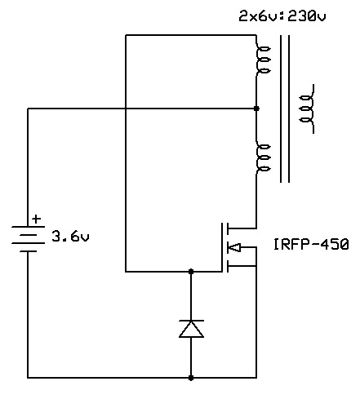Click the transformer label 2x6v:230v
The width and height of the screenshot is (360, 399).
pos(282,16)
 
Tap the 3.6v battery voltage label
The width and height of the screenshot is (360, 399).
pos(70,236)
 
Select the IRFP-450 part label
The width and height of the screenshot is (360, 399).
pos(311,244)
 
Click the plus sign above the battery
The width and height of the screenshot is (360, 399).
pos(36,219)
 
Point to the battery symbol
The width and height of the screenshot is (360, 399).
pos(28,239)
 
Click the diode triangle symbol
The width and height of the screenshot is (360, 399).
pos(191,329)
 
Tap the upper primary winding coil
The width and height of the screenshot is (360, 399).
pos(262,60)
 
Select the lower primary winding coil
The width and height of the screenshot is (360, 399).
pos(262,157)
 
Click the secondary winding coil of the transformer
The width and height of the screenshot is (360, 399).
pos(308,109)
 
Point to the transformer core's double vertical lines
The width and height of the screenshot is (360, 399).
pos(285,109)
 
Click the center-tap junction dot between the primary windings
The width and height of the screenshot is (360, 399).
pos(256,109)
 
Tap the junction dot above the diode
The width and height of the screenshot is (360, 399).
pos(191,271)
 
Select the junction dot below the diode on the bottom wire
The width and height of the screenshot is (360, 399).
pos(191,378)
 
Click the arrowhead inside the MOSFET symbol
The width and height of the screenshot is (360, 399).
pos(234,247)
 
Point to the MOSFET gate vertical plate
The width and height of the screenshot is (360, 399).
pos(222,247)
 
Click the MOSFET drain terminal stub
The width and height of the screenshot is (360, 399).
pos(242,228)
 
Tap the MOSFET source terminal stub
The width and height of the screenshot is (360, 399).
pos(242,266)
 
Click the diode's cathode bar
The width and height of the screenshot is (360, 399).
pos(191,321)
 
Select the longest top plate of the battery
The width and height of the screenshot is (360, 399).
pos(28,227)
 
